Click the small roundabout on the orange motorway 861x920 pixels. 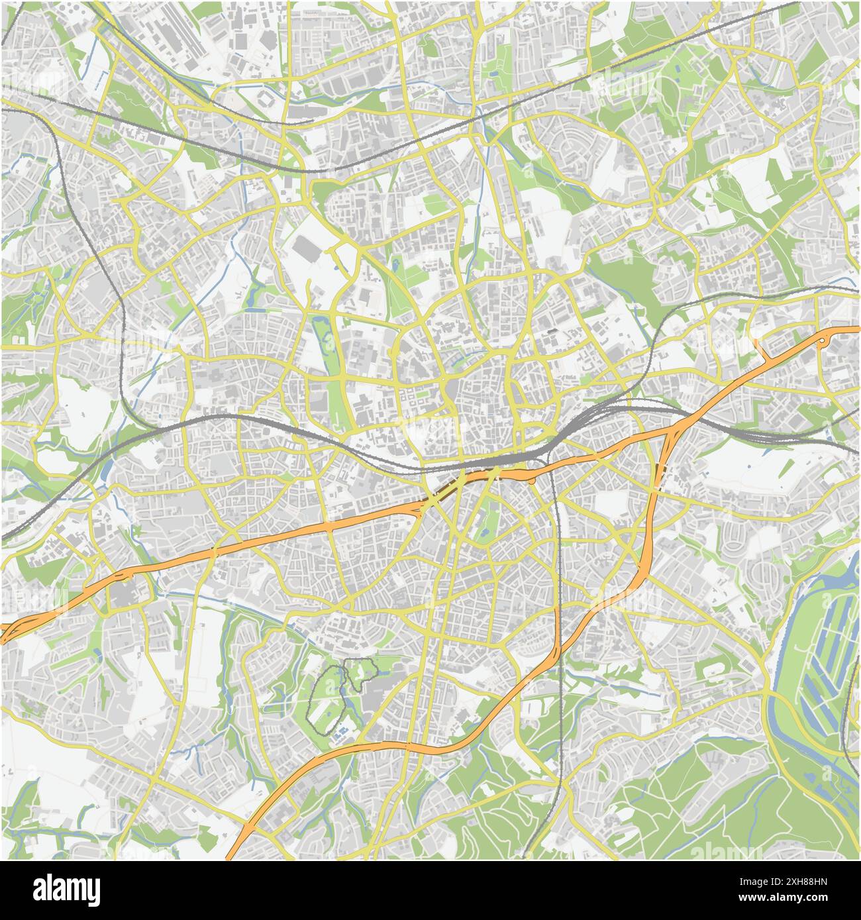pos(822,340)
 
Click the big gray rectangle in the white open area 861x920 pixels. pos(307,249)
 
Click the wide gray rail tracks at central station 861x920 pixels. pos(510,457)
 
